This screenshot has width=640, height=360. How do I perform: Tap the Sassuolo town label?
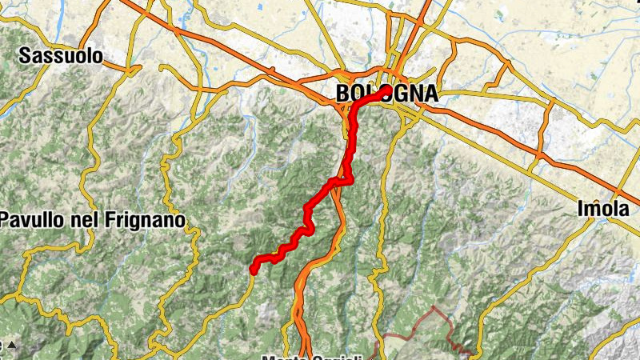pyautogui.click(x=62, y=56)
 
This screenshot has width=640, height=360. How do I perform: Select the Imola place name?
pyautogui.click(x=602, y=210)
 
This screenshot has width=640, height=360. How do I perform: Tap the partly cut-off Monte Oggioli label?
pyautogui.click(x=318, y=357)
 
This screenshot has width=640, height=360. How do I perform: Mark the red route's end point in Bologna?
pyautogui.click(x=386, y=90)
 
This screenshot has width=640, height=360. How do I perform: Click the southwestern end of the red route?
pyautogui.click(x=253, y=270)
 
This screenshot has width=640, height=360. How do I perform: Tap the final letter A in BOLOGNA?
pyautogui.click(x=430, y=94)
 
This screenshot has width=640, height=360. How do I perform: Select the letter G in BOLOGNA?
pyautogui.click(x=400, y=94)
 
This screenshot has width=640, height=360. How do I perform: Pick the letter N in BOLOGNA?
pyautogui.click(x=415, y=94)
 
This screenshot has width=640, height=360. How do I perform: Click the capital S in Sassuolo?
pyautogui.click(x=26, y=56)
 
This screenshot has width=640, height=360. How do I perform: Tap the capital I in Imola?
pyautogui.click(x=580, y=210)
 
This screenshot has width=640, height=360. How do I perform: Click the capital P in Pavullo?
pyautogui.click(x=5, y=219)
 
